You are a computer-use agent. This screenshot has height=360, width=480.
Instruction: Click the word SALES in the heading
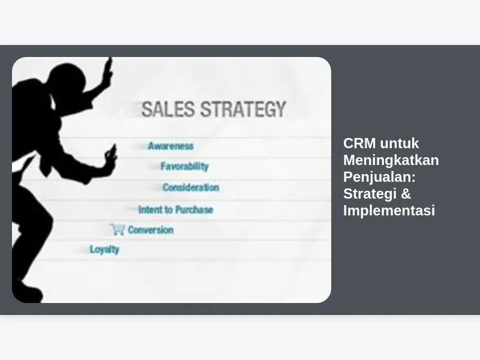[168, 109]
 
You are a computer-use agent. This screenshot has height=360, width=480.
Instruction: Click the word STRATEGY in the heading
[244, 109]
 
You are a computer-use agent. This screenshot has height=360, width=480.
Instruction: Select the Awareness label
[171, 146]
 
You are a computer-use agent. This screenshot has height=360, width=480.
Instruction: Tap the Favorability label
[185, 166]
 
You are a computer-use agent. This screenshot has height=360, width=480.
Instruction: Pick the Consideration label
[191, 187]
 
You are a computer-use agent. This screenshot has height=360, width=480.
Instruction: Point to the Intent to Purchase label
[176, 209]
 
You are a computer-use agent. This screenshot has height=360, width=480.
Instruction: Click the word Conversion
[151, 230]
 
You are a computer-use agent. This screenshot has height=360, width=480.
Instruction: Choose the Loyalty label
[104, 250]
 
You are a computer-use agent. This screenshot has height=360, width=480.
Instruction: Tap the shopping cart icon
[118, 229]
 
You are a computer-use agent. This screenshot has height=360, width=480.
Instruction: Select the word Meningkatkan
[391, 160]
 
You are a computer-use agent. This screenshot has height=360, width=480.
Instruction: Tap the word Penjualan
[379, 177]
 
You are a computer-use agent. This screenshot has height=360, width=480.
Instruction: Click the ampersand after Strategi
[406, 194]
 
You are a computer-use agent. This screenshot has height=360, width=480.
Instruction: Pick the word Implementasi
[389, 211]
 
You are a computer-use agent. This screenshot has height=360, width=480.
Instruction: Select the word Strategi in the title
[370, 194]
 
